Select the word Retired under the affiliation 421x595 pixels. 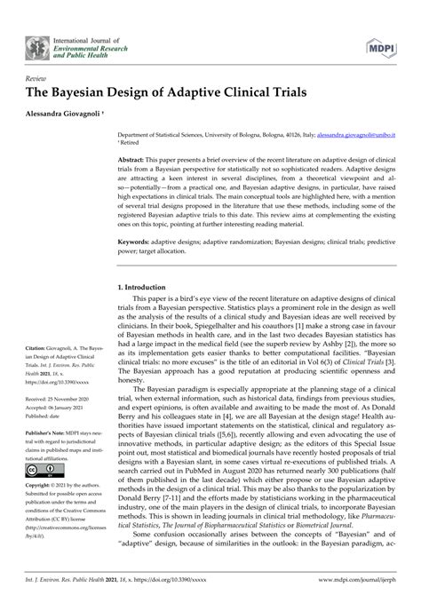132,139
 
